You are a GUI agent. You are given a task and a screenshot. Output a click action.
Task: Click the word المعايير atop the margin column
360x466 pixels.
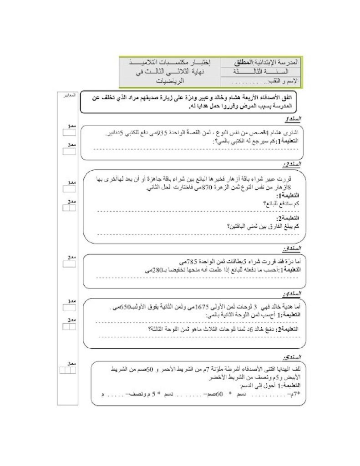tap(69, 96)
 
